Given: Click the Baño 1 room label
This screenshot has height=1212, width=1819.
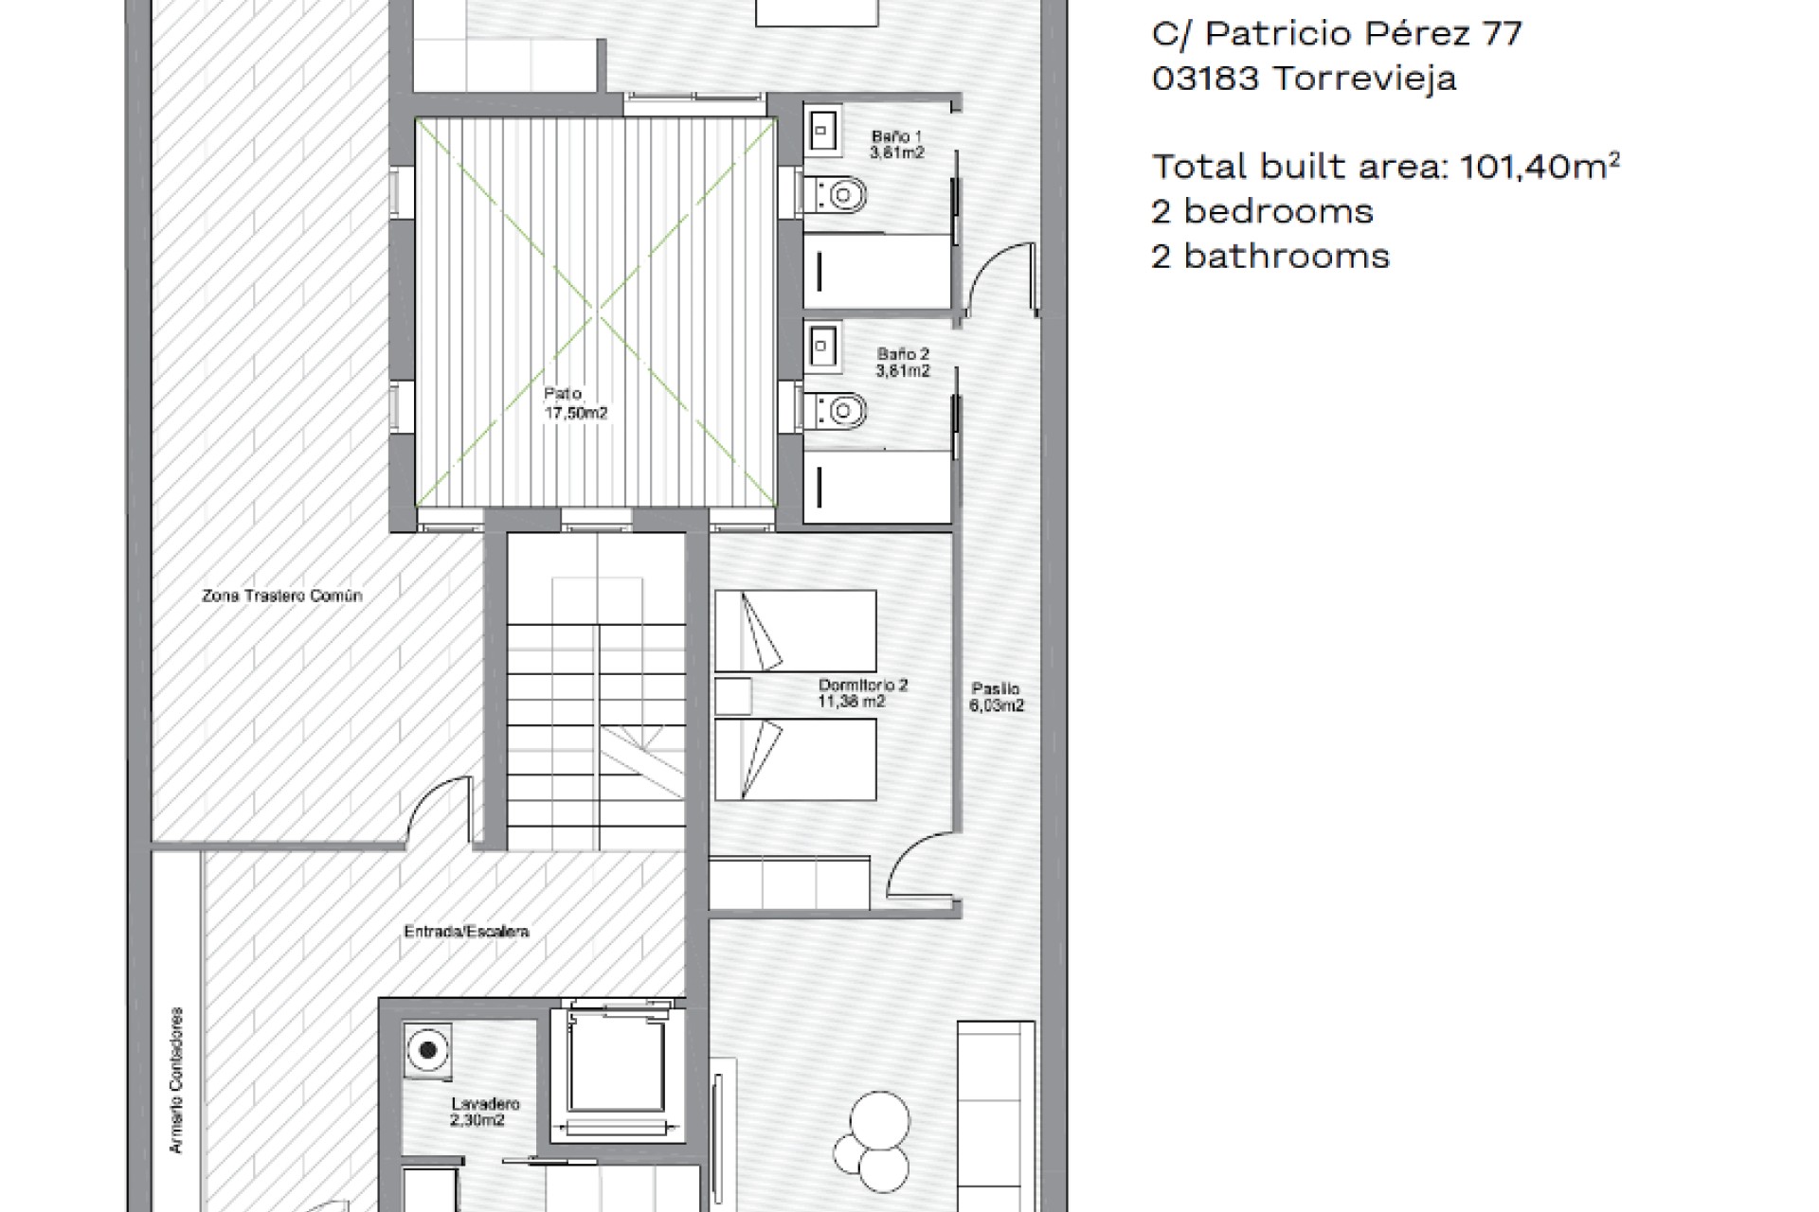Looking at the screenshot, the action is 896,144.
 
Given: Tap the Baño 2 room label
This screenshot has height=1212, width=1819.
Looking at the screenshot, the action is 903,363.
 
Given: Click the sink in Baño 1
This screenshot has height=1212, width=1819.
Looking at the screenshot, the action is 820,129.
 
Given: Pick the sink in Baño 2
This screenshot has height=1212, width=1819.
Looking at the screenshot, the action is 820,347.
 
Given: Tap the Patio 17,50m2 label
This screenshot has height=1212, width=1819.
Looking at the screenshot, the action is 575,403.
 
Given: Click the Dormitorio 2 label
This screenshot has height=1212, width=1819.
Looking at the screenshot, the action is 863,693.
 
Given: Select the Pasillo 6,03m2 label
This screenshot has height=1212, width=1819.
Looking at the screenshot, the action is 997,697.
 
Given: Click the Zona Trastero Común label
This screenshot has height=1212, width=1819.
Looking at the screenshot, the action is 282,596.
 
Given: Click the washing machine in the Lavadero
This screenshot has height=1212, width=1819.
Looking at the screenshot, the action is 428,1050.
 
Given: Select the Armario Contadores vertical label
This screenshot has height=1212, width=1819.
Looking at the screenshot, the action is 176,1080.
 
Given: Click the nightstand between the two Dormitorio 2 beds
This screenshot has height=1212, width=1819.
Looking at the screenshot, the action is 733,696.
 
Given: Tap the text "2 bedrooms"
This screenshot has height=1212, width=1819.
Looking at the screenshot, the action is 1263,211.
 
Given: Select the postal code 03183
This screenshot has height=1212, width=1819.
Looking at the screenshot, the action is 1206,78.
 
